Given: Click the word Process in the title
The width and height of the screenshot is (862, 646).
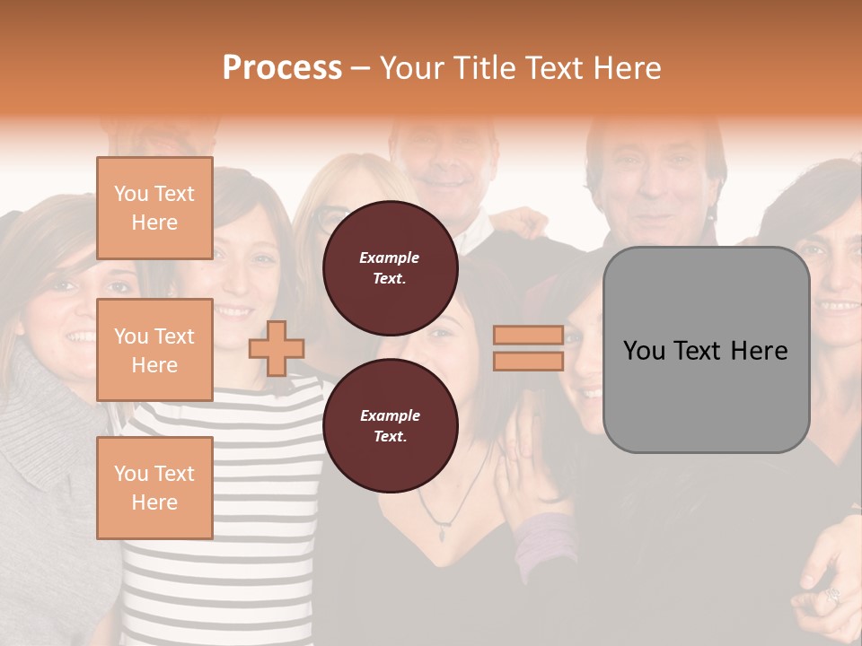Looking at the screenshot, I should click(x=282, y=68).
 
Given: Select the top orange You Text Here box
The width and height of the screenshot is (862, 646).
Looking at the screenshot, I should click(x=154, y=208).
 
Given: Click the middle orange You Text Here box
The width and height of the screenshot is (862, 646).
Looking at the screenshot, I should click(x=154, y=350).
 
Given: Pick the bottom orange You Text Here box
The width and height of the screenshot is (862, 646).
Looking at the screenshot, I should click(x=154, y=487).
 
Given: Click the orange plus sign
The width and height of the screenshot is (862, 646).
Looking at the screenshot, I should click(x=277, y=348).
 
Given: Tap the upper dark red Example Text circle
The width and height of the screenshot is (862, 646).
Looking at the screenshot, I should click(x=390, y=268).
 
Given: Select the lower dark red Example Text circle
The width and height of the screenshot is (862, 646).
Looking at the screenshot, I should click(x=390, y=426).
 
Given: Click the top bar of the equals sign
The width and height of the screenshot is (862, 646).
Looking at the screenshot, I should click(x=528, y=336).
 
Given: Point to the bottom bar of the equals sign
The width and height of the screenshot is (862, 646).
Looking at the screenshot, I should click(x=528, y=362).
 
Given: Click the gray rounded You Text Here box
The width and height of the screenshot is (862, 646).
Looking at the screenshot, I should click(x=706, y=350).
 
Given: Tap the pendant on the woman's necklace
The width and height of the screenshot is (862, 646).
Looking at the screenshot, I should click(x=441, y=534).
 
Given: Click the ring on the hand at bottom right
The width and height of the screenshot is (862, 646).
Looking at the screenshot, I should click(x=831, y=595).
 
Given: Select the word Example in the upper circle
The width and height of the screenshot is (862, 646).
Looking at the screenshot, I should click(x=390, y=258).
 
